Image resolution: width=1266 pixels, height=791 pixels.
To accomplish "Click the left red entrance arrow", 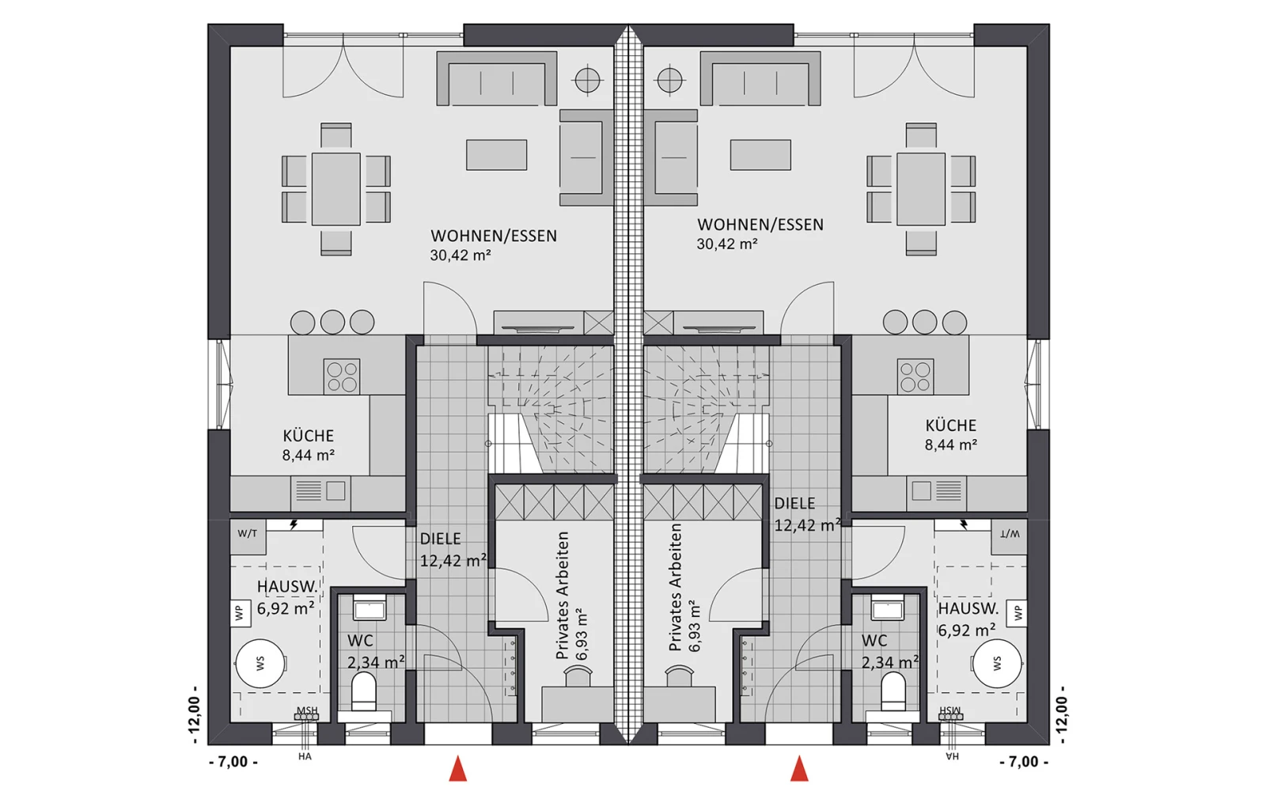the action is pyautogui.click(x=458, y=769).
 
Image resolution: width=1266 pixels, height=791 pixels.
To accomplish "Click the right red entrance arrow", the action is pyautogui.click(x=799, y=769).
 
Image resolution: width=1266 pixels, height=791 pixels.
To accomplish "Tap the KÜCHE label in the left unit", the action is pyautogui.click(x=308, y=436).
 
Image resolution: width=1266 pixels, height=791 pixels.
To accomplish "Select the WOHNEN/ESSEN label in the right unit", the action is pyautogui.click(x=760, y=225).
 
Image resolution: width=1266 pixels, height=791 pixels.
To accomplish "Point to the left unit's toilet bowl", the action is pyautogui.click(x=364, y=693).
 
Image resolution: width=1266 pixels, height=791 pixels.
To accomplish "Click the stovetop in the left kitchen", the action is pyautogui.click(x=342, y=377).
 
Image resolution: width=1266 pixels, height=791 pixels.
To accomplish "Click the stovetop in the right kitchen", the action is pyautogui.click(x=915, y=377).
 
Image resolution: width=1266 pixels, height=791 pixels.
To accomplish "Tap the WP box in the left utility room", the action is pyautogui.click(x=241, y=612).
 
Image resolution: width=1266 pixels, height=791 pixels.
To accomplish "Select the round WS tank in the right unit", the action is pyautogui.click(x=997, y=664).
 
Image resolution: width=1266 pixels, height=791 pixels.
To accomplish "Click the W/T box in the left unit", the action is pyautogui.click(x=248, y=536).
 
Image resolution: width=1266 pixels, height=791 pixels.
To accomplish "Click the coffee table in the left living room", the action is pyautogui.click(x=496, y=155).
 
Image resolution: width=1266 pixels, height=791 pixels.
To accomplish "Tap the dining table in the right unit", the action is pyautogui.click(x=921, y=189).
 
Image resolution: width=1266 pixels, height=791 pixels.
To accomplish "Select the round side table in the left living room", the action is pyautogui.click(x=587, y=80).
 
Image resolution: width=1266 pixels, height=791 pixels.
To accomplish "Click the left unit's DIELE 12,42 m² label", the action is pyautogui.click(x=453, y=549).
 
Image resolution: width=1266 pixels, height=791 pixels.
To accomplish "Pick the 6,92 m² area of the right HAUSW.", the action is pyautogui.click(x=967, y=630).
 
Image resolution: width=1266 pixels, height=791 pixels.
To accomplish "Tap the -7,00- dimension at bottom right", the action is pyautogui.click(x=1024, y=763).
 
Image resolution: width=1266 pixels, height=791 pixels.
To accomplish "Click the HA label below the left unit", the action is pyautogui.click(x=305, y=756).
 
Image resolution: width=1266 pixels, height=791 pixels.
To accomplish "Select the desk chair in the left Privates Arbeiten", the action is pyautogui.click(x=578, y=676).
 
